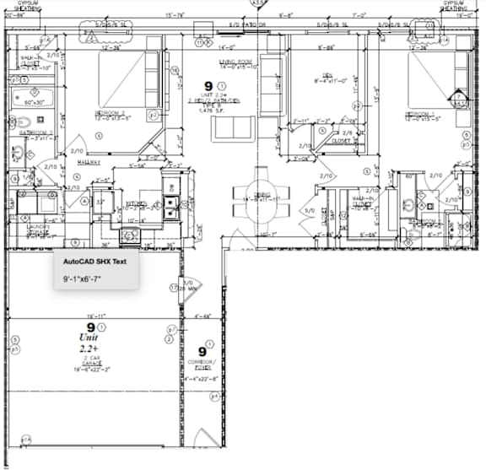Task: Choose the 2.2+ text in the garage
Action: tap(89, 348)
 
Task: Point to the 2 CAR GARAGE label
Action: tap(89, 363)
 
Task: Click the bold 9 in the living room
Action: tap(209, 85)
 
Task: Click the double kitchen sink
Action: tap(172, 203)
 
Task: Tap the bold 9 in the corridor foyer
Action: tap(202, 350)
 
